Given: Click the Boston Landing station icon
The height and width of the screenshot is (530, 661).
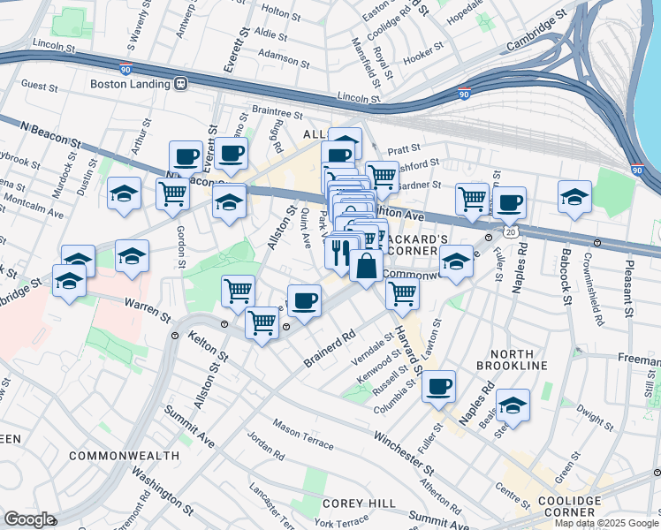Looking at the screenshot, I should tap(181, 85).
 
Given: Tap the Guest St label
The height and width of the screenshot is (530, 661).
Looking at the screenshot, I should tap(39, 86).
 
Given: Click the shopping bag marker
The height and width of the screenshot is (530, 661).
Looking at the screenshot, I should tap(366, 265).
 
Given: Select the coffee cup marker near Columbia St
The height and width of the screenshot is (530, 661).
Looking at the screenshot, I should tap(439, 386).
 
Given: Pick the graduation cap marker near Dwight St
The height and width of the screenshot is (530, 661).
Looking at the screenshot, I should tap(513, 405).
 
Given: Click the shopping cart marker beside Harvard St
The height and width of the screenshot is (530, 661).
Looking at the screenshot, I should tap(402, 292).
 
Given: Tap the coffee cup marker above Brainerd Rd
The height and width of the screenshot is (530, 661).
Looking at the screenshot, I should tap(305, 300).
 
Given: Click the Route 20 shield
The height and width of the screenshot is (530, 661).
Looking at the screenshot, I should tap(511, 231).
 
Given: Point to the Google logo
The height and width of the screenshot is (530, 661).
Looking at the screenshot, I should tap(29, 519).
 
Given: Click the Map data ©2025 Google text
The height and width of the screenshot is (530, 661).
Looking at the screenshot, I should tap(605, 523).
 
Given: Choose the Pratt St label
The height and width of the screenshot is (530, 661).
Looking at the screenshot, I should tap(404, 149).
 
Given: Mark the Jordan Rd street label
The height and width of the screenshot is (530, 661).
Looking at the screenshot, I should tap(265, 446).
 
